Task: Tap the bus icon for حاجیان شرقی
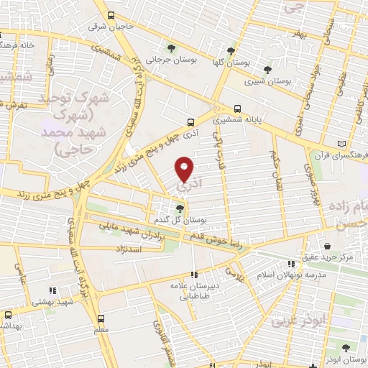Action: point(110,15)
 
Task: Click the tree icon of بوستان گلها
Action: point(231,50)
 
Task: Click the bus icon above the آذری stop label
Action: point(190,122)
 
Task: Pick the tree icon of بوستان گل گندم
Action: point(179,208)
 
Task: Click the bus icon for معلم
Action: point(101,317)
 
